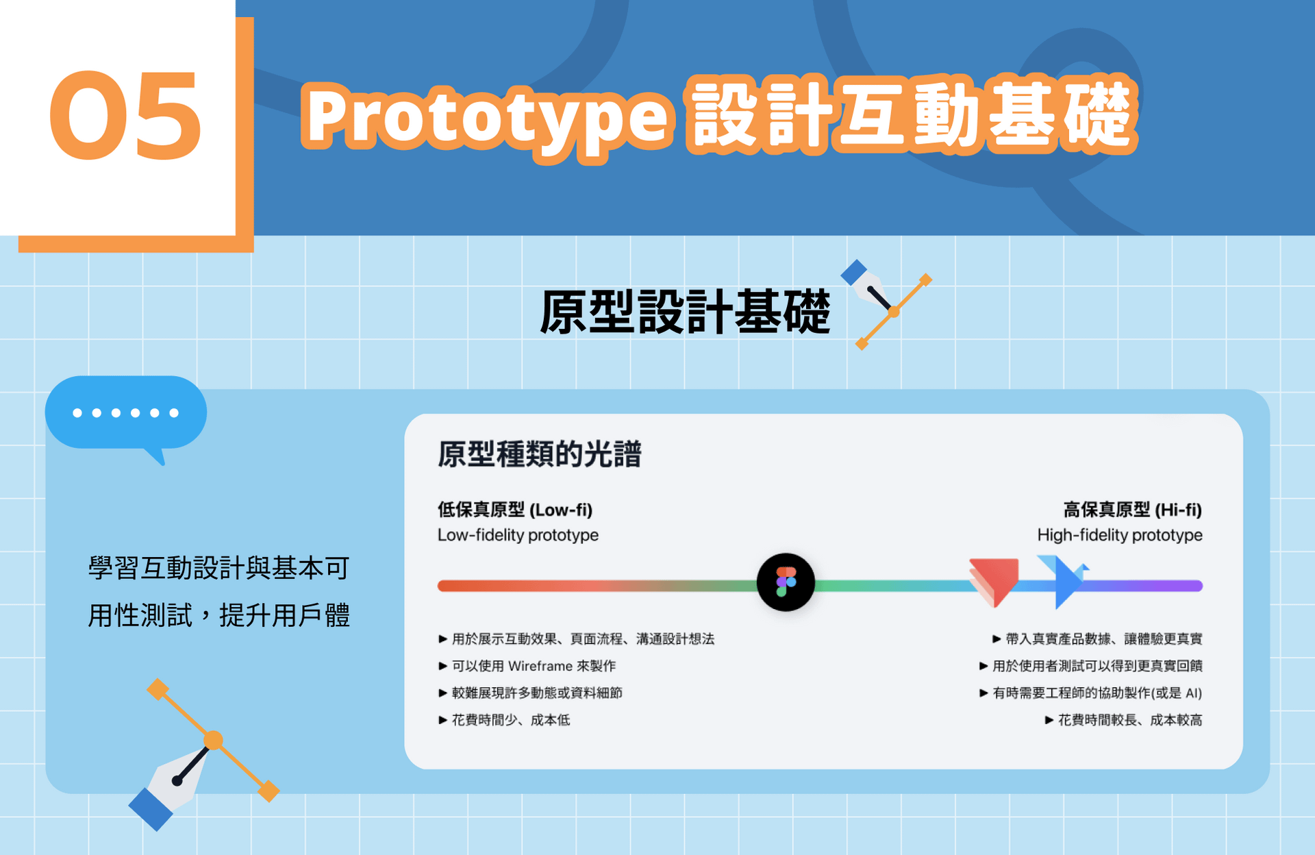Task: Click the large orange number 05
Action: point(125,116)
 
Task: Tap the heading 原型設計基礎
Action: point(685,312)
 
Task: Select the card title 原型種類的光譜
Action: point(540,454)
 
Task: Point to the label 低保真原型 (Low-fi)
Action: point(515,510)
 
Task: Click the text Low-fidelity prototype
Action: point(518,535)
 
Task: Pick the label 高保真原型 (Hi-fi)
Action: point(1133,510)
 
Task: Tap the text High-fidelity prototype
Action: point(1120,535)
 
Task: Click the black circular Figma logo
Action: point(786,582)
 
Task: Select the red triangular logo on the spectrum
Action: point(994,582)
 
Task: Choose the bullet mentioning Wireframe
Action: point(527,666)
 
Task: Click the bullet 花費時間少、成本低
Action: point(505,720)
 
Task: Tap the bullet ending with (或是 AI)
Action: point(1091,693)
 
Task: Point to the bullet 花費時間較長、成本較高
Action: point(1124,720)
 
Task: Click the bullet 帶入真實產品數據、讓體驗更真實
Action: point(1098,639)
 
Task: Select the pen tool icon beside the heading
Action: point(886,304)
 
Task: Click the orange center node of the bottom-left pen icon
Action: point(214,741)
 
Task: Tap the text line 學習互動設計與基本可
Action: point(219,568)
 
